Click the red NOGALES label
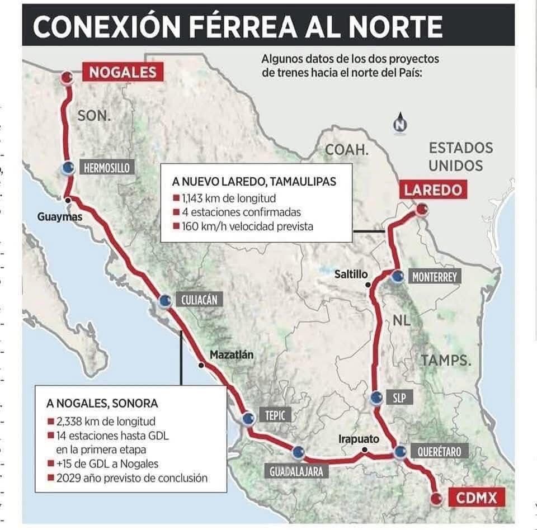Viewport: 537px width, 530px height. [123, 72]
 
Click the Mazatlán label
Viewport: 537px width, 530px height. [232, 354]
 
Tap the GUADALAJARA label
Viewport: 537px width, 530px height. [296, 471]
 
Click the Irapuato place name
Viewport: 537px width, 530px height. [359, 439]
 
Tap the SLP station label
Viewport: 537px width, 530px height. [399, 397]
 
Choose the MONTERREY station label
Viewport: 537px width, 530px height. [434, 277]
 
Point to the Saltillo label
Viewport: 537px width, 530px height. [351, 274]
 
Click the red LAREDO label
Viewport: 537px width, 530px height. [434, 190]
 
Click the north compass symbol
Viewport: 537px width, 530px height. [399, 125]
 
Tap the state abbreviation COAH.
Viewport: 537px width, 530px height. [347, 149]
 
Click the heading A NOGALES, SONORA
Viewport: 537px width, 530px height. [102, 403]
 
